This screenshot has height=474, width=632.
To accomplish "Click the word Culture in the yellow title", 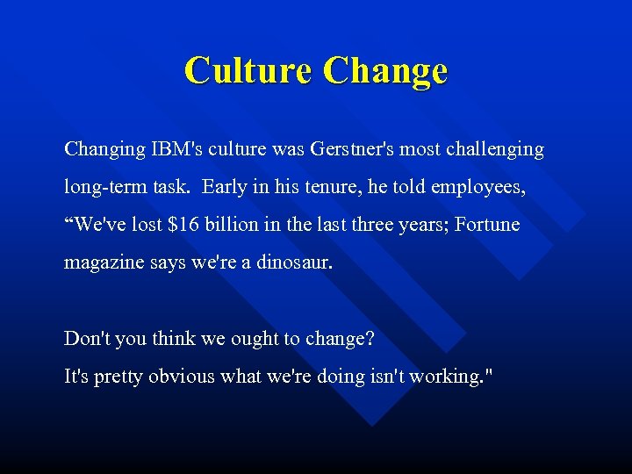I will pyautogui.click(x=248, y=70).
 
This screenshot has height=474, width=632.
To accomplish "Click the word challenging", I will pyautogui.click(x=497, y=149).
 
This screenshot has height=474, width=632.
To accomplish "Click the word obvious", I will pyautogui.click(x=181, y=376).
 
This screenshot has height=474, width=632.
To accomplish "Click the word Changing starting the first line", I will pyautogui.click(x=101, y=149).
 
